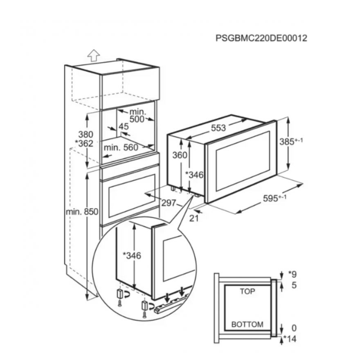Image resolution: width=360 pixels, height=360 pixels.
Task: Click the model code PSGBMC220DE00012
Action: click(261, 38)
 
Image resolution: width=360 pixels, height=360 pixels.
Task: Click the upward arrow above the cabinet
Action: click(94, 55)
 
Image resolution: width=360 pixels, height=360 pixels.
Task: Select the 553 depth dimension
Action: click(218, 128)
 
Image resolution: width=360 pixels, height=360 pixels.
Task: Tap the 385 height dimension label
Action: click(291, 142)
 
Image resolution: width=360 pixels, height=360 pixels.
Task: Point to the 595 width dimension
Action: click(274, 198)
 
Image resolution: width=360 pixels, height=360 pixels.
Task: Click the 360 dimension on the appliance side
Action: click(180, 155)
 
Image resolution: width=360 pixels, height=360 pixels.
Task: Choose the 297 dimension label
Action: click(169, 203)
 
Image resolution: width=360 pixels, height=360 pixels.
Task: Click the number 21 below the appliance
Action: click(194, 218)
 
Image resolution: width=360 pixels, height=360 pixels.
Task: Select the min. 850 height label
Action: click(82, 211)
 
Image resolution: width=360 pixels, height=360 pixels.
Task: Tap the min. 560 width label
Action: click(121, 148)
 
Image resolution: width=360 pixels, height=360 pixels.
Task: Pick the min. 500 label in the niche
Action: click(138, 115)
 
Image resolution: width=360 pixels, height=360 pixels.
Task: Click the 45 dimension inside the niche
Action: click(124, 126)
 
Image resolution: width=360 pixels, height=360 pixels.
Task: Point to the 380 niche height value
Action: click(85, 134)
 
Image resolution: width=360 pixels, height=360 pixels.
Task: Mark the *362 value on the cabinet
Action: click(84, 144)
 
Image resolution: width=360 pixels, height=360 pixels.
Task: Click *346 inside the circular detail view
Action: click(132, 256)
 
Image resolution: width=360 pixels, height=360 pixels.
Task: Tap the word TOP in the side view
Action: click(248, 291)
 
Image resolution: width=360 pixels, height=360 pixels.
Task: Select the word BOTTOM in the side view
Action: click(247, 324)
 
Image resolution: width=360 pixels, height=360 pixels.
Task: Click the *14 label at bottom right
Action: click(290, 339)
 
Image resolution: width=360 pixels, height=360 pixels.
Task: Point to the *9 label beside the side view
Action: click(292, 274)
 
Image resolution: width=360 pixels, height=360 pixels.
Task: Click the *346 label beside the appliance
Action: click(194, 175)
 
